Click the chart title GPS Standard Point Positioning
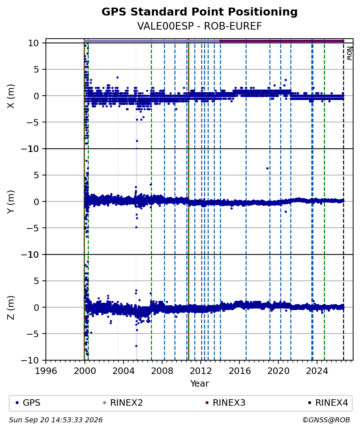pyautogui.click(x=199, y=12)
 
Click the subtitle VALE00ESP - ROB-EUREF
pyautogui.click(x=199, y=26)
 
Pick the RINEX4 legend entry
pyautogui.click(x=328, y=403)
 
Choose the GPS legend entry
pyautogui.click(x=28, y=403)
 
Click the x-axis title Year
pyautogui.click(x=199, y=383)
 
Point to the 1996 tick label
pyautogui.click(x=46, y=371)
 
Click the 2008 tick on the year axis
pyautogui.click(x=162, y=371)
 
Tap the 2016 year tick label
pyautogui.click(x=239, y=371)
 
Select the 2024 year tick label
pyautogui.click(x=317, y=371)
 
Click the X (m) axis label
pyautogui.click(x=10, y=96)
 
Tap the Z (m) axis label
pyautogui.click(x=10, y=308)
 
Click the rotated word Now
pyautogui.click(x=349, y=53)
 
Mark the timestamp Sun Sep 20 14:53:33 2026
pyautogui.click(x=56, y=420)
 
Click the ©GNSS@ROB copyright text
pyautogui.click(x=326, y=420)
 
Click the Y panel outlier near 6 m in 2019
pyautogui.click(x=267, y=168)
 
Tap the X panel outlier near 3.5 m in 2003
pyautogui.click(x=117, y=77)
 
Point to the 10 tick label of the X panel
pyautogui.click(x=33, y=43)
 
